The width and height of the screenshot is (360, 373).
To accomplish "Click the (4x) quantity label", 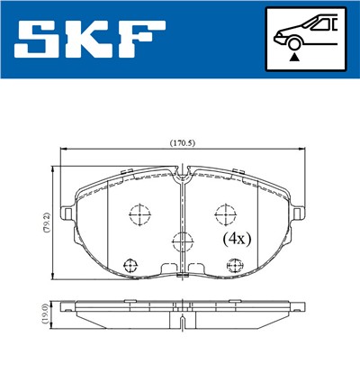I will pos(236,241).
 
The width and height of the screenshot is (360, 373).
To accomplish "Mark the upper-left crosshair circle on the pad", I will pos(139,214).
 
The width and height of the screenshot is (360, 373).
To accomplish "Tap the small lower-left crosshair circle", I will pos(130,264).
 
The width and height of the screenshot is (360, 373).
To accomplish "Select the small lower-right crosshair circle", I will pos(236,264).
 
